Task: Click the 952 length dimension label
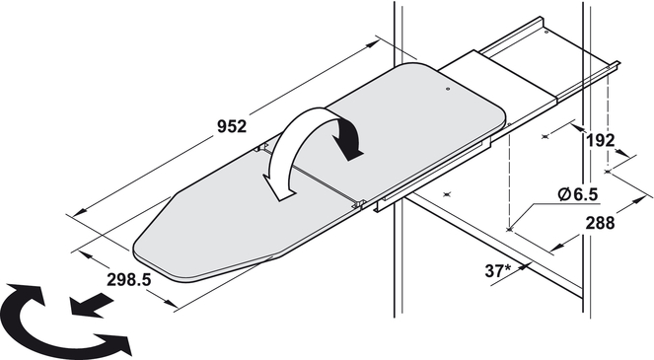pyautogui.click(x=232, y=126)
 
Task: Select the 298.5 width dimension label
pyautogui.click(x=128, y=279)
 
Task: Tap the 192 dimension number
pyautogui.click(x=600, y=141)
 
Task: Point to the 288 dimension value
pyautogui.click(x=600, y=223)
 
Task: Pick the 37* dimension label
pyautogui.click(x=498, y=271)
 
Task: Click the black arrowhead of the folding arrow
pyautogui.click(x=349, y=140)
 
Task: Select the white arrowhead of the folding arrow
pyautogui.click(x=278, y=187)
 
